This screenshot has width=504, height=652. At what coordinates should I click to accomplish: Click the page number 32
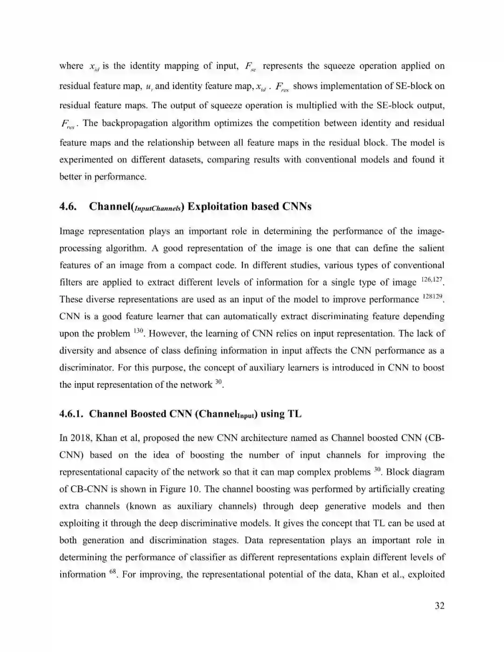click(439, 606)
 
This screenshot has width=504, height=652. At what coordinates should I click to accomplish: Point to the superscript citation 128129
click(432, 296)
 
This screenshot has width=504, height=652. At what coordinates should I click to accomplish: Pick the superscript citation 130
click(138, 331)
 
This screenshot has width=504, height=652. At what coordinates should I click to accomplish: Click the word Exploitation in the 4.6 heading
click(217, 207)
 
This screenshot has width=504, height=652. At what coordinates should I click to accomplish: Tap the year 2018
click(81, 438)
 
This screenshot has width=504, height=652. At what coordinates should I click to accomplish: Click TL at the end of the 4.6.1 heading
click(294, 414)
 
